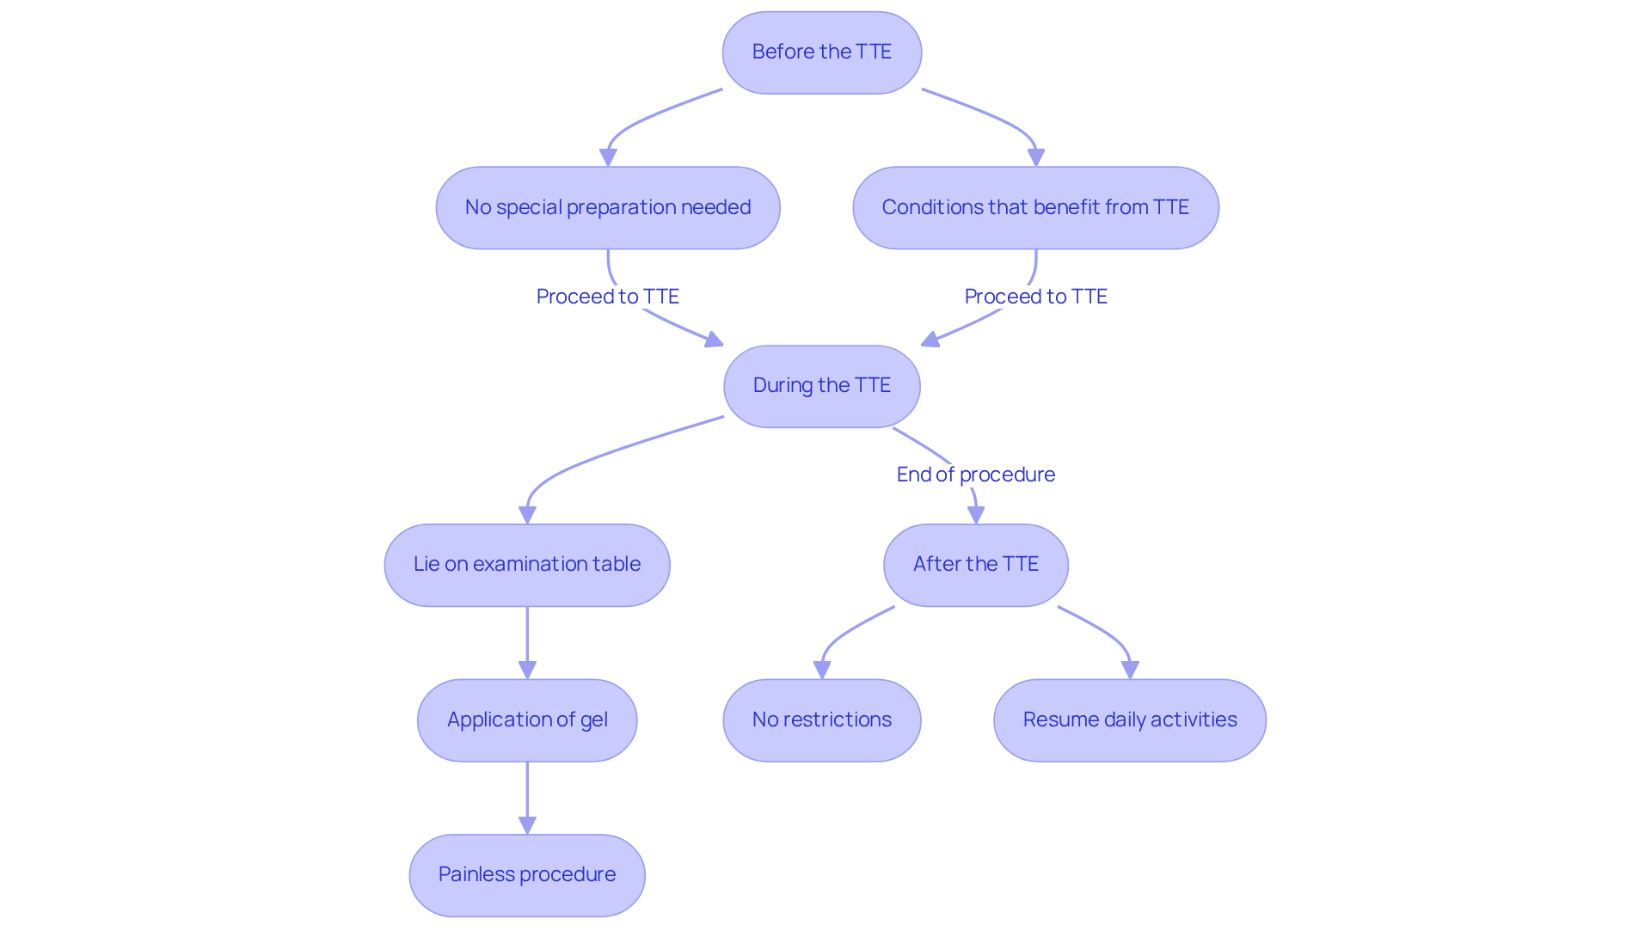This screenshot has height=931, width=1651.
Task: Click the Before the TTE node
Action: (821, 52)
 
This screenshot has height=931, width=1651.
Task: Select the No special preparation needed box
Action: (607, 208)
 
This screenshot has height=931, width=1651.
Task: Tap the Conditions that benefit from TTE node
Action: (1035, 208)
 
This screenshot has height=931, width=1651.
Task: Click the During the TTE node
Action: (821, 386)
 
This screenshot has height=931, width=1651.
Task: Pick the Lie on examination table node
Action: (526, 565)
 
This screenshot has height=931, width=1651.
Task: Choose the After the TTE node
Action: (975, 565)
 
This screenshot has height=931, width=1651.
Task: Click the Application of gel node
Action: (526, 720)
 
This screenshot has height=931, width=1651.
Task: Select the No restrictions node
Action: (821, 720)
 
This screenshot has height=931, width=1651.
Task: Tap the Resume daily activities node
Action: (1129, 720)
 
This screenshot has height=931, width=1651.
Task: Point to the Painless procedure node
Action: (526, 875)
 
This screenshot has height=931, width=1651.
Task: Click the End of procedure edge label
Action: (975, 475)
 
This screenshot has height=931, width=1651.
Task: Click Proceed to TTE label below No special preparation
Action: (607, 297)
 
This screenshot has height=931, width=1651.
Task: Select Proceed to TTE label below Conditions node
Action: (1035, 297)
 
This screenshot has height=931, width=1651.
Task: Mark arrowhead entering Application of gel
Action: (527, 670)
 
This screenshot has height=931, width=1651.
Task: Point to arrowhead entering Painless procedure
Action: (527, 825)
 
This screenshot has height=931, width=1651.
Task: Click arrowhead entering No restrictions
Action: (822, 670)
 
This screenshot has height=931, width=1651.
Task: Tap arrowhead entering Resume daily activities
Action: (1130, 670)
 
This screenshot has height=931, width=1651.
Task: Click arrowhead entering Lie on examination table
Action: (527, 515)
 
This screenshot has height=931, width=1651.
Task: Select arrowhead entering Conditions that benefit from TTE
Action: (1036, 157)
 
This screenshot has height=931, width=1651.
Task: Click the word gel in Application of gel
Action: (593, 720)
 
